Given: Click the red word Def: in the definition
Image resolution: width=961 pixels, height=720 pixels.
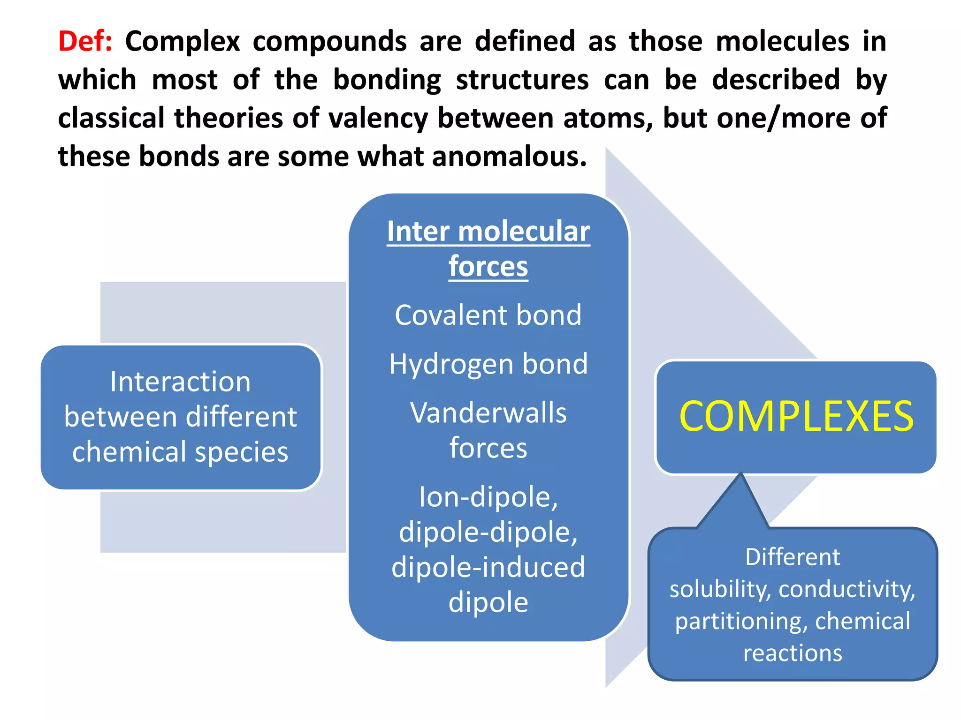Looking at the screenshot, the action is [85, 41].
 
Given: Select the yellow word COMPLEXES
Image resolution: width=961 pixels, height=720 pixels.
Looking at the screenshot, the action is [796, 417].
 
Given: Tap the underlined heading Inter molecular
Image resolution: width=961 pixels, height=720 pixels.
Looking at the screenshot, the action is [488, 232].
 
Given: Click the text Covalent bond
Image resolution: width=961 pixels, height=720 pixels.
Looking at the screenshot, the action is [488, 315].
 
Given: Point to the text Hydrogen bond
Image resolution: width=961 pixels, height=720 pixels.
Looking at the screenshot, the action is [488, 364].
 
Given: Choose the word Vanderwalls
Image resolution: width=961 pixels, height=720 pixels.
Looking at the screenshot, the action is [488, 413].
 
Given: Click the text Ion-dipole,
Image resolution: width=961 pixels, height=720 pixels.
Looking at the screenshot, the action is [488, 497].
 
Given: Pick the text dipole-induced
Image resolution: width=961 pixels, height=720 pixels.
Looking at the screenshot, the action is [488, 567].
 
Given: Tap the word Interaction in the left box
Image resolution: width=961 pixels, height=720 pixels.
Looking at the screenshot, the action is [180, 382].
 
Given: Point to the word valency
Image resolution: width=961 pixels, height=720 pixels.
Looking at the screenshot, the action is [378, 118].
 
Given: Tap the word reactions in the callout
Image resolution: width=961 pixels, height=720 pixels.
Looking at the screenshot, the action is [793, 653].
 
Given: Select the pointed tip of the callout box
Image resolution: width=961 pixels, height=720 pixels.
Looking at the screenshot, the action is [740, 474].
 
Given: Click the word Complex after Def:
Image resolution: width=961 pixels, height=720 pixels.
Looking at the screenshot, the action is [183, 41].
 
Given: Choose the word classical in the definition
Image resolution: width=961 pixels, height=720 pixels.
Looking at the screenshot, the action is [111, 118].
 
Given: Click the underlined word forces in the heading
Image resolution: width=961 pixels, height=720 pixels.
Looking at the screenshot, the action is [488, 267].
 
